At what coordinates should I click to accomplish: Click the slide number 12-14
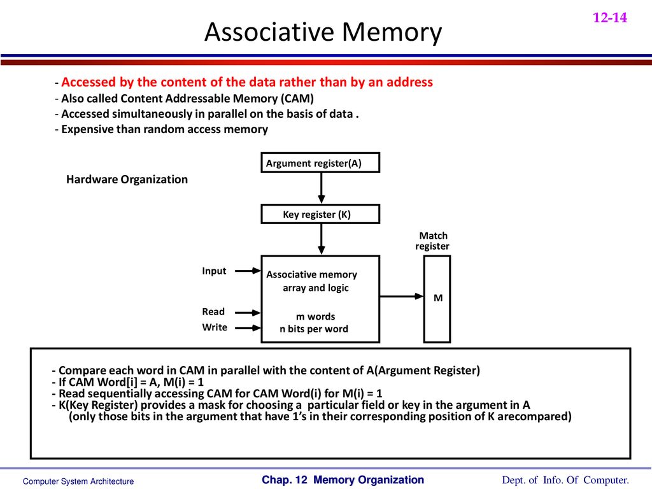pos(609,17)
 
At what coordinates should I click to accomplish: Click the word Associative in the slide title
pos(269,32)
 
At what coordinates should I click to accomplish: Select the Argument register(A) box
pos(320,162)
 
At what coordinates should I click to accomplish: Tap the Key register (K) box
pos(320,214)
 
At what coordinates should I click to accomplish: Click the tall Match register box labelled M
pos(437,299)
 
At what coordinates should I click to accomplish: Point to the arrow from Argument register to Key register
pos(321,188)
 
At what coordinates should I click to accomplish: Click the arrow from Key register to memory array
pos(321,239)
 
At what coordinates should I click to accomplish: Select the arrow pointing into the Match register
pos(402,296)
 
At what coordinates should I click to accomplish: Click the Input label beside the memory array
pos(214,271)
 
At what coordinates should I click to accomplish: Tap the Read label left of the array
pos(213,312)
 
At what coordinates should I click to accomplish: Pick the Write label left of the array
pos(215,327)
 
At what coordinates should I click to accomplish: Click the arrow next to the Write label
pos(248,328)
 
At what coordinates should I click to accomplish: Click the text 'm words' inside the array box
pos(316,316)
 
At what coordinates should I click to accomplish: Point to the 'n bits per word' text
pos(314,329)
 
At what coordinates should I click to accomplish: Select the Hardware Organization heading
pos(127,179)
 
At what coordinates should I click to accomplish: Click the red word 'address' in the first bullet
pos(409,82)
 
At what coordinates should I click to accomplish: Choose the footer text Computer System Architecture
pos(78,481)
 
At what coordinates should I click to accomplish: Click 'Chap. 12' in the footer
pos(285,480)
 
